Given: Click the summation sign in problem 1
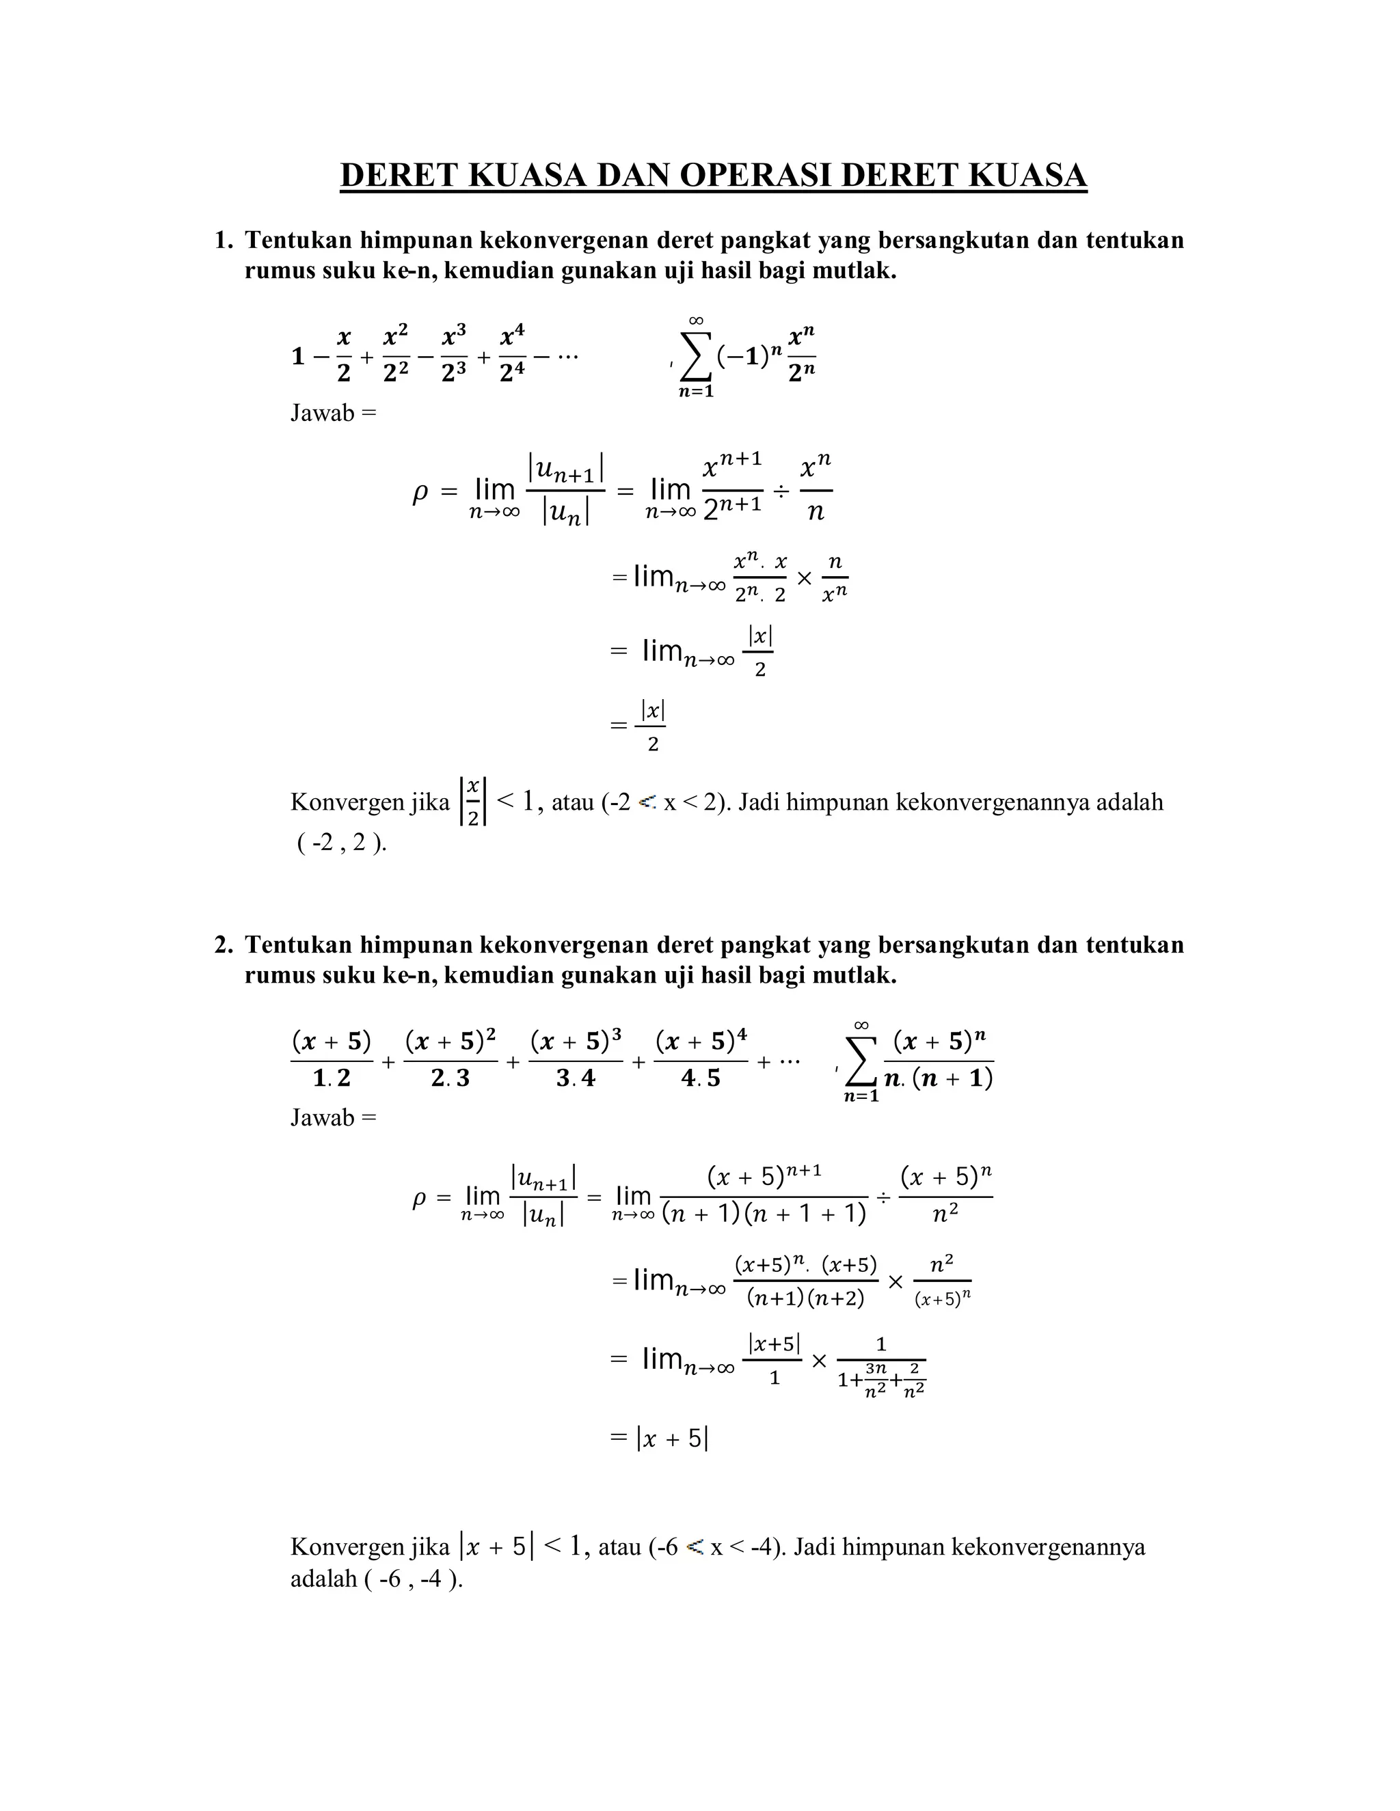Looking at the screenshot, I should pyautogui.click(x=696, y=357).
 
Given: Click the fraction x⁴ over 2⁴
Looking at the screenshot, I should pyautogui.click(x=513, y=354).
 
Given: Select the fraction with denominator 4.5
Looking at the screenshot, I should pyautogui.click(x=701, y=1059).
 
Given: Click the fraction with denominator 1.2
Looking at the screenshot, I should pyautogui.click(x=332, y=1059).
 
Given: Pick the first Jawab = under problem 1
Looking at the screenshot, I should pyautogui.click(x=333, y=412).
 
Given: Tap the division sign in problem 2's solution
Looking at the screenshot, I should pyautogui.click(x=884, y=1197).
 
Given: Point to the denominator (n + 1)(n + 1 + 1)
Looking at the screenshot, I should pyautogui.click(x=764, y=1215).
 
